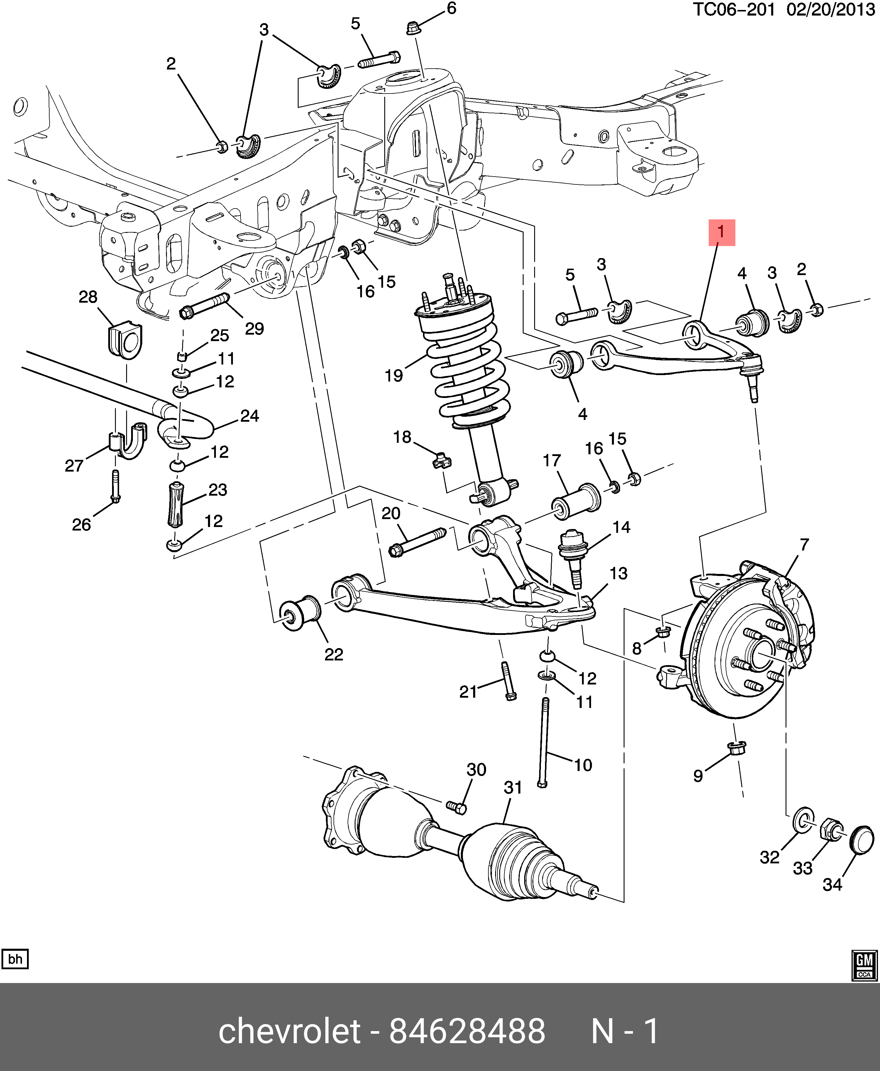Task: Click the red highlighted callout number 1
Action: click(x=721, y=233)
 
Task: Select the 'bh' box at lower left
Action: click(x=15, y=959)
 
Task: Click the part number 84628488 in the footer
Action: click(x=467, y=1031)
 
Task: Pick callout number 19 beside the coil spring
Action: click(x=394, y=376)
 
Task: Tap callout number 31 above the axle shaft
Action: click(x=513, y=787)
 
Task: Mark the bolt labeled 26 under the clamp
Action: click(x=116, y=487)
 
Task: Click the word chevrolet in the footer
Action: click(x=290, y=1031)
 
